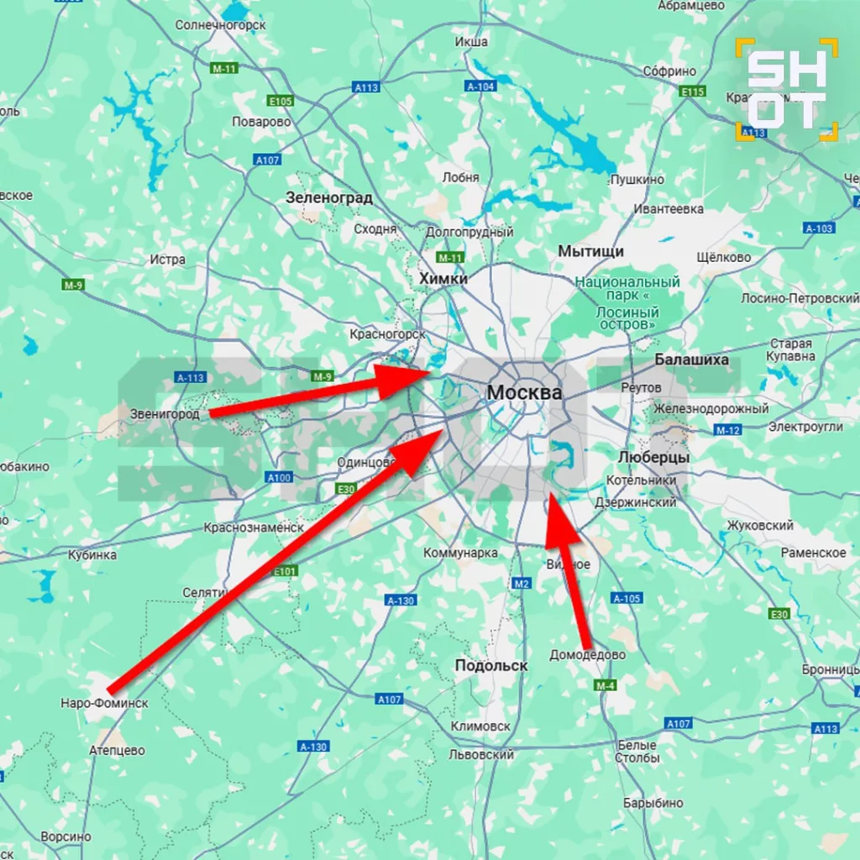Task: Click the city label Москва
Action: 524,393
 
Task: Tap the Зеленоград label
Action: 329,198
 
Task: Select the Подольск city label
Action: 491,665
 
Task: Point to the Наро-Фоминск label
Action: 104,703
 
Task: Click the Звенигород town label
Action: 165,414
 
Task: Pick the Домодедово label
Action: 587,655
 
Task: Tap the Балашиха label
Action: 692,360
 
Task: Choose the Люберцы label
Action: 653,458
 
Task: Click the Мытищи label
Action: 591,251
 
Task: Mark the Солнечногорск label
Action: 221,25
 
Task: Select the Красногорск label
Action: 388,334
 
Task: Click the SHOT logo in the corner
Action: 786,88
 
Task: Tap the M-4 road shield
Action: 606,685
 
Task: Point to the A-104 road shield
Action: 481,87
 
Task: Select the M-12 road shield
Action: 727,430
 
